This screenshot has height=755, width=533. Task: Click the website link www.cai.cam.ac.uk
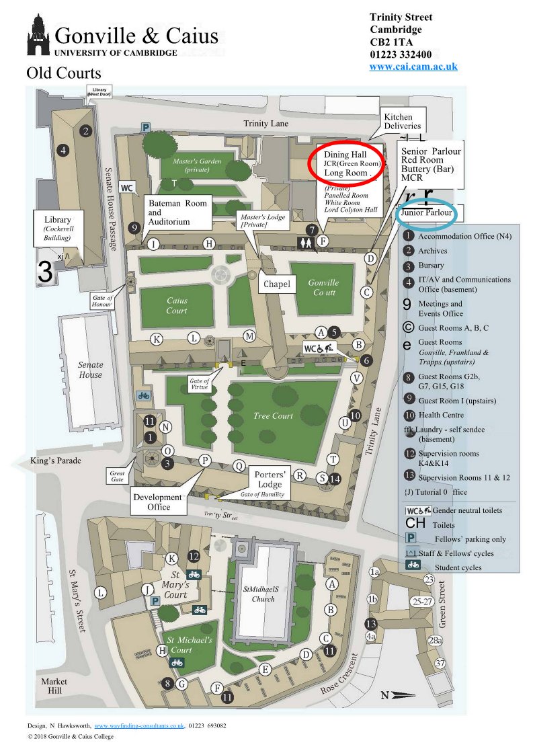[413, 67]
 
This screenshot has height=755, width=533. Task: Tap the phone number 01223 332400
[401, 54]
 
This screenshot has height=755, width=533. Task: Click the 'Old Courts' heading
[64, 73]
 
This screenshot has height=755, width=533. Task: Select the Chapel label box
[277, 284]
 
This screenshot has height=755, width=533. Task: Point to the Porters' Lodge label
[270, 480]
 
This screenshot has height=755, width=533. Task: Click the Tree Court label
[274, 416]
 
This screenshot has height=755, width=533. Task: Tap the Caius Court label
[177, 306]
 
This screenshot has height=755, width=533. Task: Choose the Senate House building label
[90, 370]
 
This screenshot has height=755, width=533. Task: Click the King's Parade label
[56, 461]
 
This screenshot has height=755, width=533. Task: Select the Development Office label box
[157, 502]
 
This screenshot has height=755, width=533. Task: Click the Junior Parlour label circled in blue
[427, 213]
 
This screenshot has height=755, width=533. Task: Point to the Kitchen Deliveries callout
[402, 122]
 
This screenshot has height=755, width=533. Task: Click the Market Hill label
[54, 686]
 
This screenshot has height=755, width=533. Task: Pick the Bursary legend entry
[431, 266]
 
